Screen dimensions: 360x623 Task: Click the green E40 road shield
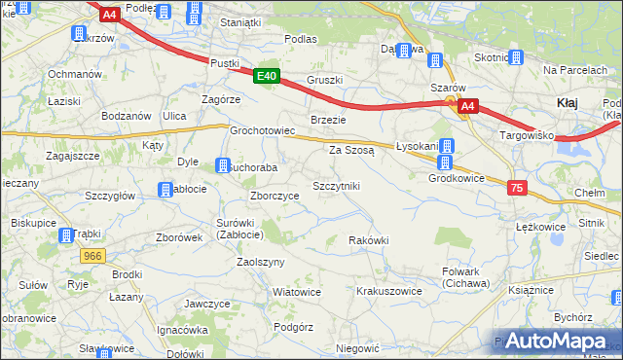pos(268,76)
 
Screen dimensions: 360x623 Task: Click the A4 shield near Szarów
pos(468,106)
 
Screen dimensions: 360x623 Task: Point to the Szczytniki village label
pos(336,185)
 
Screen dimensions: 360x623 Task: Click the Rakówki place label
pos(369,240)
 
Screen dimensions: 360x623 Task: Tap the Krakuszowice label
pos(388,291)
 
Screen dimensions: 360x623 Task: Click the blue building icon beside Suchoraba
pos(223,165)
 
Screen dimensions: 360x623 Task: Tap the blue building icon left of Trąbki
pos(66,234)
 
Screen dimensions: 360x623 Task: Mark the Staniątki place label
pos(240,21)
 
